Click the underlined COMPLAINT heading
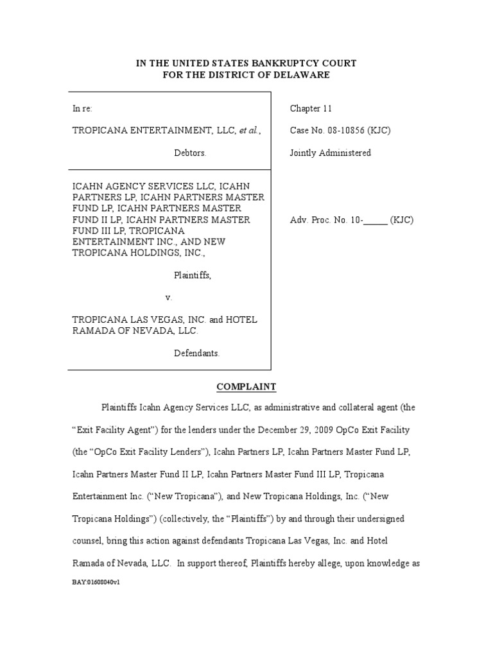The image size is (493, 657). pos(246,386)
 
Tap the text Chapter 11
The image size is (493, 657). pos(311,109)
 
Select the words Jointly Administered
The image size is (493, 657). pos(331,153)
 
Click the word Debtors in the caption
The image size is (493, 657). pos(190,153)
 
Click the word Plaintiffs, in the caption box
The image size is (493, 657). pos(193,275)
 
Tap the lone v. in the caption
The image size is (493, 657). pos(169,298)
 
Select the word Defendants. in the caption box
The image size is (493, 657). pos(196,353)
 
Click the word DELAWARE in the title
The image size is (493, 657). pos(303,75)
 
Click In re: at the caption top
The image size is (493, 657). pos(82,109)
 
